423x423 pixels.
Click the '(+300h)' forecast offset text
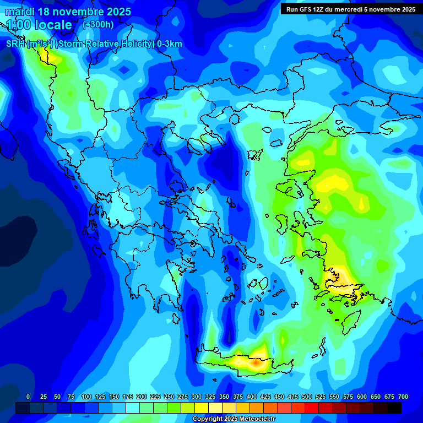98,25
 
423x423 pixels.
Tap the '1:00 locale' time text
39,25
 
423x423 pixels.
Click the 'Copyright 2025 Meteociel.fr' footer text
234,419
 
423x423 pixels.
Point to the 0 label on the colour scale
28,397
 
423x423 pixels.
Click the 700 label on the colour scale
403,397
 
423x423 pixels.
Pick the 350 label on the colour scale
224,397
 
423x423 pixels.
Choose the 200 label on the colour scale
142,397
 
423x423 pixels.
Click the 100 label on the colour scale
86,397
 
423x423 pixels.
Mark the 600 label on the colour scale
362,397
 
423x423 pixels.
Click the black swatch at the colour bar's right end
394,408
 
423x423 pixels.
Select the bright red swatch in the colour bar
312,408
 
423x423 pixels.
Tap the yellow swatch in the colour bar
202,408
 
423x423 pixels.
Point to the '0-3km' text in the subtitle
169,44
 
